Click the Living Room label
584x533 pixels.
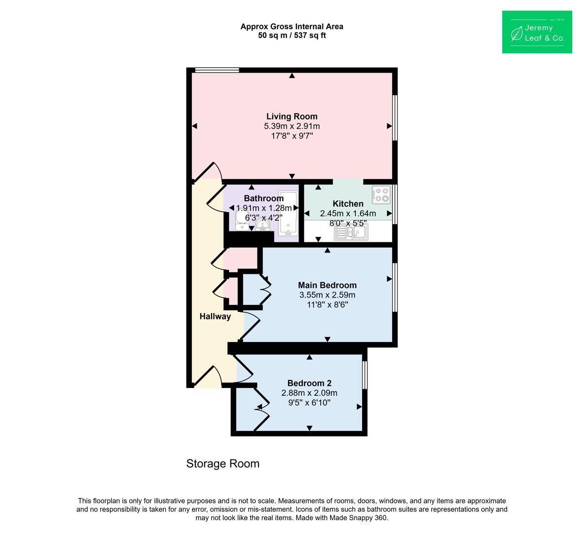coord(292,116)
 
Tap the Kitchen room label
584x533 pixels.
coord(348,203)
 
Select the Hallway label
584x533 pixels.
coord(215,316)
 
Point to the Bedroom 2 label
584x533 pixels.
coord(309,383)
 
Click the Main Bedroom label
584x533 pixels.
coord(328,285)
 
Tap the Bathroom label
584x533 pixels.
coord(264,198)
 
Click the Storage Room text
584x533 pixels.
coord(223,464)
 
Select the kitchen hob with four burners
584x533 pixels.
coord(381,194)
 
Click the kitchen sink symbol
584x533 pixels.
coord(351,232)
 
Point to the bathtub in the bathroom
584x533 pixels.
coord(288,214)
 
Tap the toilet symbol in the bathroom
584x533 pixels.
coord(242,220)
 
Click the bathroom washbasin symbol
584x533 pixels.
coord(263,225)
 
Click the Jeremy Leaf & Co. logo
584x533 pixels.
coord(537,32)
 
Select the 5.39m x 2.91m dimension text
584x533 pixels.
coord(292,126)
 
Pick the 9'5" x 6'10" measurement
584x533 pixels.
coord(309,403)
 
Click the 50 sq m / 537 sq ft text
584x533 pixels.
coord(292,36)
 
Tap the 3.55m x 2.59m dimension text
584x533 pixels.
coord(328,295)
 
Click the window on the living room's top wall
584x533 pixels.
coord(217,70)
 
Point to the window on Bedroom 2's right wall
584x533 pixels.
coord(365,375)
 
